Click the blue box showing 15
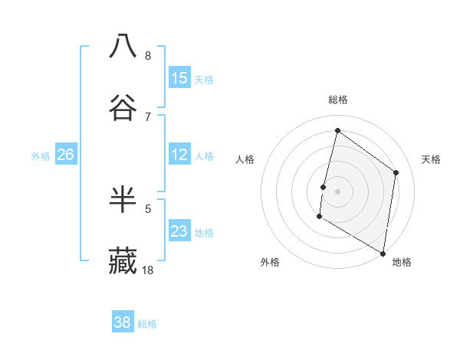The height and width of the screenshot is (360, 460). click(179, 77)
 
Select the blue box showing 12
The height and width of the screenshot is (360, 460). click(179, 155)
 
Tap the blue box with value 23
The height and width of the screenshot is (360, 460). click(179, 231)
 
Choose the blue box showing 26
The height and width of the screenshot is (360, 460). click(65, 155)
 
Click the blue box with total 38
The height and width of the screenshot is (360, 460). click(122, 322)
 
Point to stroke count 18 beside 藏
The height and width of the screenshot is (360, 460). click(148, 270)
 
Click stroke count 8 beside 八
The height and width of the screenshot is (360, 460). click(148, 55)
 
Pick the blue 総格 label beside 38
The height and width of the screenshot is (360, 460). click(147, 324)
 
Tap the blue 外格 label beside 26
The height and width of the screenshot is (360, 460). click(41, 156)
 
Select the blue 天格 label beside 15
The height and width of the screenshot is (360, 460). click(204, 79)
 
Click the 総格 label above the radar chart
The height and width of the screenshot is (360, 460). click(338, 100)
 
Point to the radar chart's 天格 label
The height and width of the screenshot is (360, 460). click(431, 159)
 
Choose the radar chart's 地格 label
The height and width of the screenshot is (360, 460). click(402, 262)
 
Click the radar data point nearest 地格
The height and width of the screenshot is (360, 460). click(383, 253)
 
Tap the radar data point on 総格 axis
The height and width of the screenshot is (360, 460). click(337, 130)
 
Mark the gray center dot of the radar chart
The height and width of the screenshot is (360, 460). click(337, 191)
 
